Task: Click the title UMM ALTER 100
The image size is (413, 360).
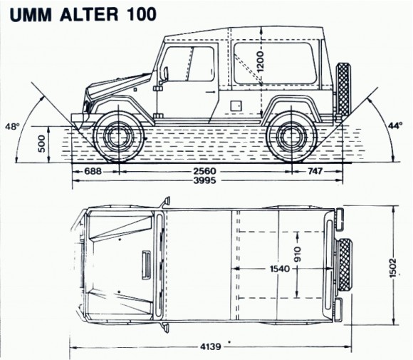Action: [83, 14]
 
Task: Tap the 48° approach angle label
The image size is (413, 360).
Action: [12, 126]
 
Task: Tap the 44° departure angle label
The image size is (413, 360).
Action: [395, 125]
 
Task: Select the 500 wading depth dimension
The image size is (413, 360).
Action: [42, 144]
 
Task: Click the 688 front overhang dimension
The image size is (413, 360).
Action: [93, 171]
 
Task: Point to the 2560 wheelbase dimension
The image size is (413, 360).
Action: [204, 171]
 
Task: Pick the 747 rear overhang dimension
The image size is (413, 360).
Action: [315, 171]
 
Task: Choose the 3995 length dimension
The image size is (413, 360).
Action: [204, 180]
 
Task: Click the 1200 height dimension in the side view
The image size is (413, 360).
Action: [260, 62]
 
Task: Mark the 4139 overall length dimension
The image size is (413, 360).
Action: [211, 346]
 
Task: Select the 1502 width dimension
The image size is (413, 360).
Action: [393, 268]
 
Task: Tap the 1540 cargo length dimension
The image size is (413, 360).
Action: [280, 269]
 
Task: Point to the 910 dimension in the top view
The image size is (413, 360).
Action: [298, 254]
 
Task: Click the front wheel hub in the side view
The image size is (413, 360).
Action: [119, 137]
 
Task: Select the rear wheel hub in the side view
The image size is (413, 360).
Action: [291, 137]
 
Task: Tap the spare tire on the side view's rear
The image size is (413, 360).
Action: [343, 90]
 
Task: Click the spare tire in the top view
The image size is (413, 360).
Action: [344, 264]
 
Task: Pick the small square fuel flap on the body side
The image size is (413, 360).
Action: [236, 106]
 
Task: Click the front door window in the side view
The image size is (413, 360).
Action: [189, 63]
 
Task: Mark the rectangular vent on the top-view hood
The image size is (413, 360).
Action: [147, 264]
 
